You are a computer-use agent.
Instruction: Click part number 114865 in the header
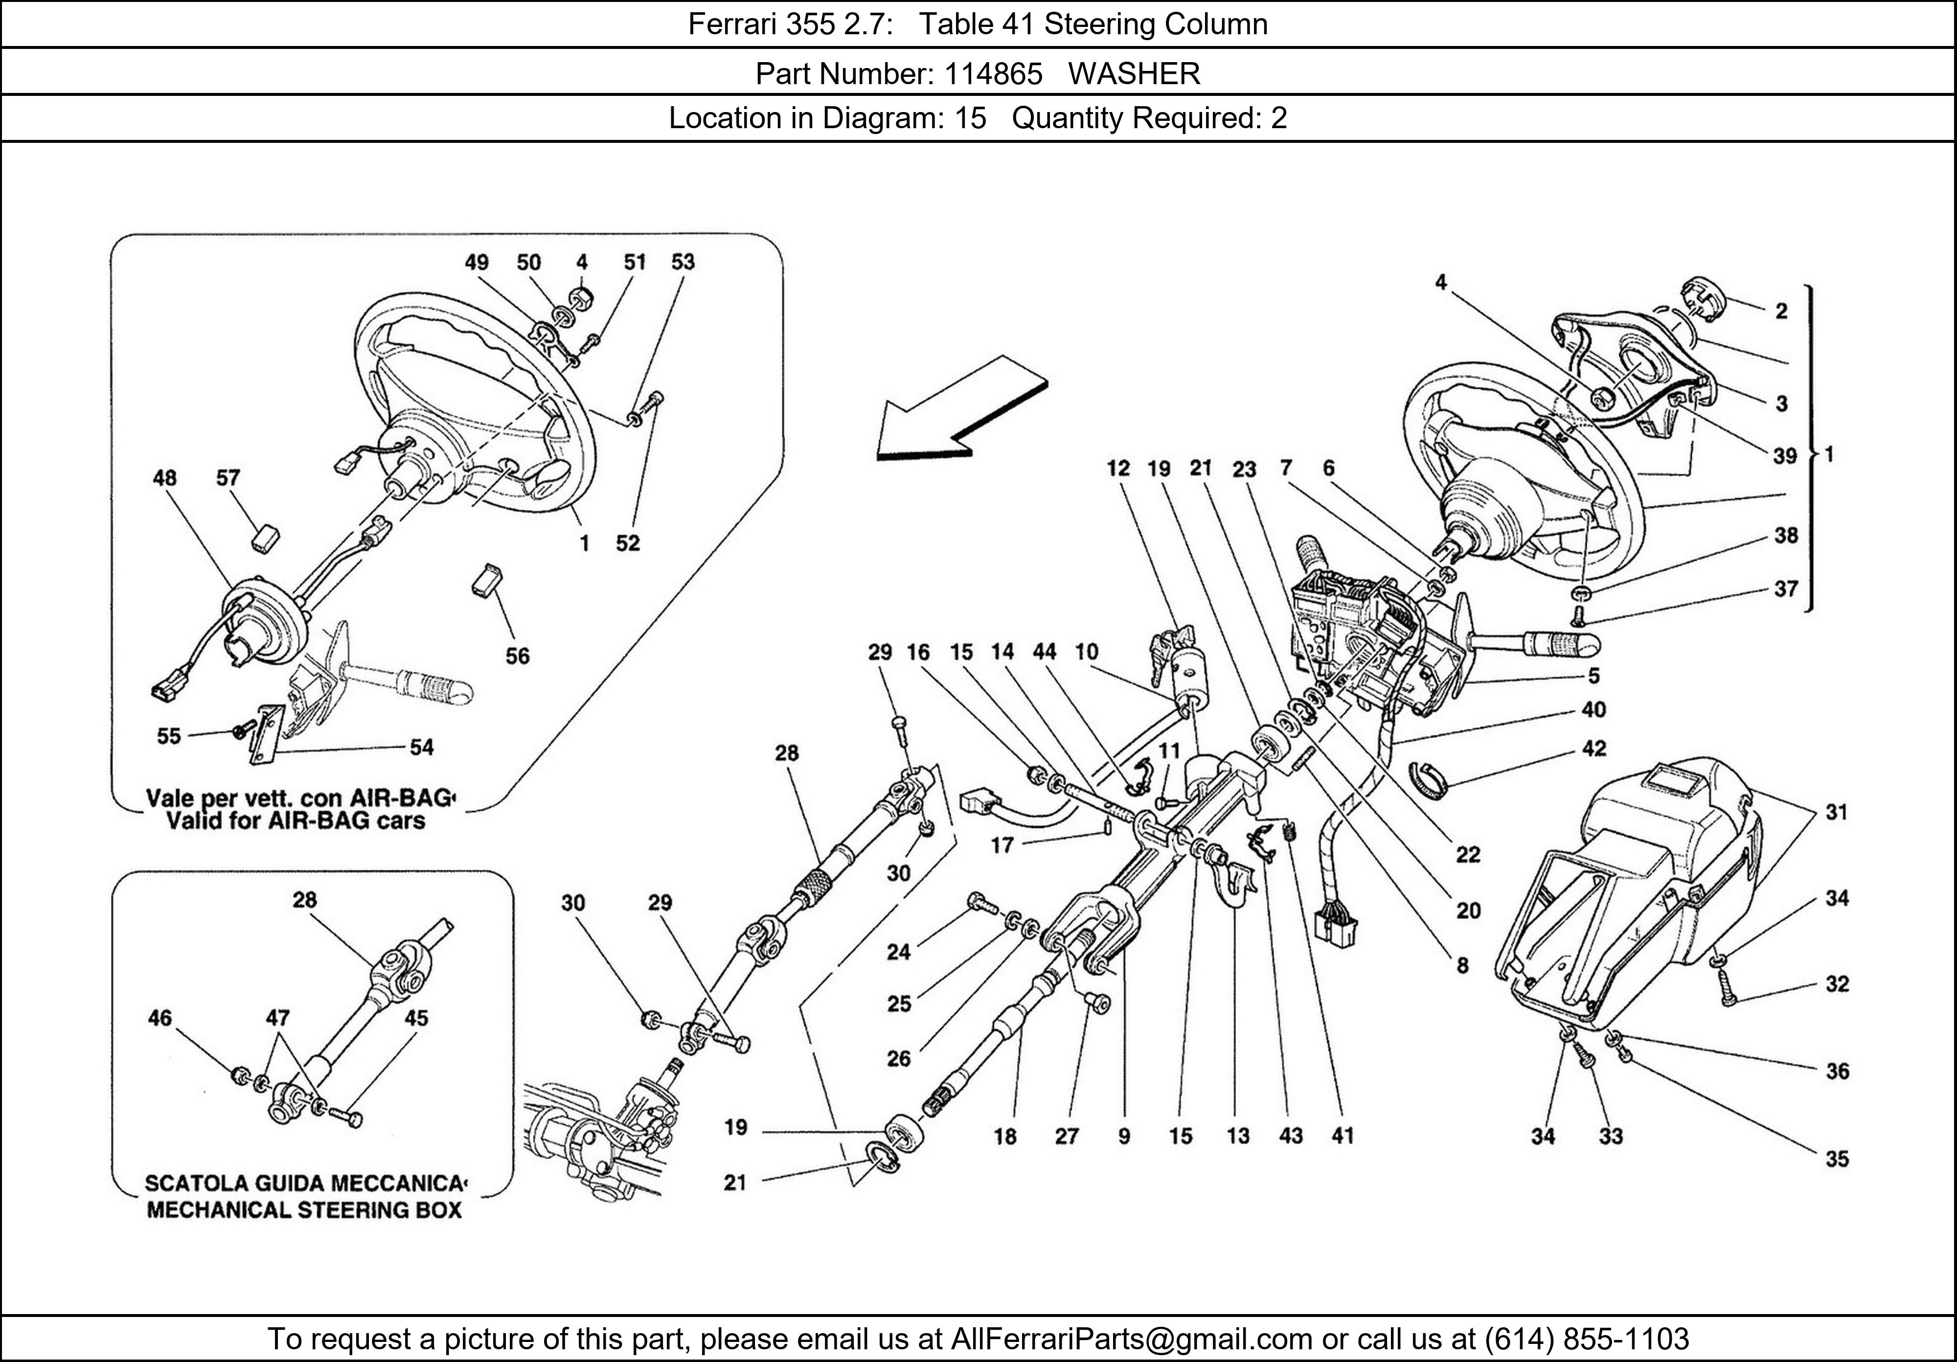(x=992, y=74)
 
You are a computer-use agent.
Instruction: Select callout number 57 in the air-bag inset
(x=228, y=478)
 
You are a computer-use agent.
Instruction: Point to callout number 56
(x=517, y=656)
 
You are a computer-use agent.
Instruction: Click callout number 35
(x=1837, y=1158)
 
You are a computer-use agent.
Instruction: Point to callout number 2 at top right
(x=1780, y=311)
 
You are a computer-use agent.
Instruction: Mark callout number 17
(x=1002, y=844)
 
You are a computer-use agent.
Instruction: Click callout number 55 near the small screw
(x=169, y=735)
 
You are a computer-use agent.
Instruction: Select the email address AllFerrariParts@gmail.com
(x=1131, y=1339)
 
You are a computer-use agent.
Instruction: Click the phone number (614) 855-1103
(x=1586, y=1339)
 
